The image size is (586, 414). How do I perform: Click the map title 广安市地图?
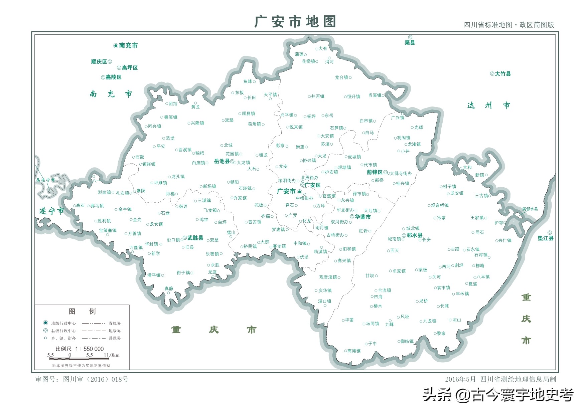295,22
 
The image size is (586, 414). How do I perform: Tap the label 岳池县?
222,161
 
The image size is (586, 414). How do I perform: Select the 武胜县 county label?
195,238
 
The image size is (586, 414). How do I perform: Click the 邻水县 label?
414,235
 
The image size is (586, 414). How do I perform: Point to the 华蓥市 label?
362,217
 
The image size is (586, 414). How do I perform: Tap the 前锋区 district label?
375,172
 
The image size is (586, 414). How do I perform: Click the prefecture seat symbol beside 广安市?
299,192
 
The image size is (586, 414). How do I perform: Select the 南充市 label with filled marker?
128,45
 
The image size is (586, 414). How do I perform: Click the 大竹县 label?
503,74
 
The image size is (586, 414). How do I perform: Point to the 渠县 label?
410,42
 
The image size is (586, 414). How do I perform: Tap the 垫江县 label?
545,238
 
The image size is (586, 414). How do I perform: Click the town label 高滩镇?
354,351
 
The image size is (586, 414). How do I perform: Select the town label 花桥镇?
308,61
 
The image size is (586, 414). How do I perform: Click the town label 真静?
169,288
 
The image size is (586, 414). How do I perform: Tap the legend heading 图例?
82,311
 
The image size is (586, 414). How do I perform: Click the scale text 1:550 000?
89,349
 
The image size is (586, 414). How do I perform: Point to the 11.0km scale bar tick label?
112,355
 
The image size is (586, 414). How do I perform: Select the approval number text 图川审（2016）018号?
96,379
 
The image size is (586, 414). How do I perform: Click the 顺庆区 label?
99,62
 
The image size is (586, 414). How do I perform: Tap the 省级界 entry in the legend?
115,323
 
